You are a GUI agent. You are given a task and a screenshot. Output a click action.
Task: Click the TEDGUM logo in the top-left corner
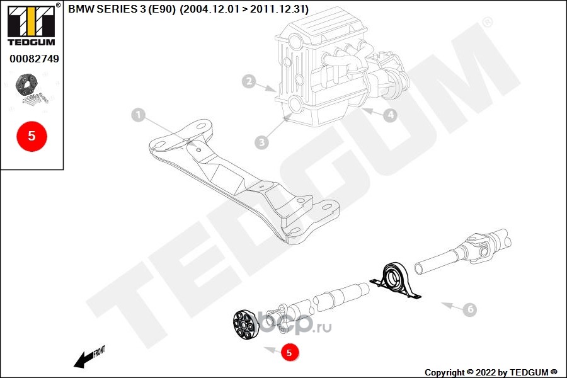30,25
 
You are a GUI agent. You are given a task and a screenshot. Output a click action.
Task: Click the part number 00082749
34,59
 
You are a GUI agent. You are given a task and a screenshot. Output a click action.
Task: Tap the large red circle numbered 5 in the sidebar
31,135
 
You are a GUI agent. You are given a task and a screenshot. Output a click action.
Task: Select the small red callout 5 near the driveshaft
289,353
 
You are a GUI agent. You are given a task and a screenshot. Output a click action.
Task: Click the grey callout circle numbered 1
139,115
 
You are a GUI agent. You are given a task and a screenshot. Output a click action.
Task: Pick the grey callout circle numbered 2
249,81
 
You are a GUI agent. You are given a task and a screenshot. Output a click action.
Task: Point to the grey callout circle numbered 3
262,142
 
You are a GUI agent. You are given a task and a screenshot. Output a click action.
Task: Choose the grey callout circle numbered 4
391,115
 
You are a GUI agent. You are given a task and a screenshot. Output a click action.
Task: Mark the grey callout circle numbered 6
469,310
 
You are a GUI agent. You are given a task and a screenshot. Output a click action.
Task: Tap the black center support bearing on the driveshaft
396,279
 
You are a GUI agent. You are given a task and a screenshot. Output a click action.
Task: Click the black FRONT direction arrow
81,360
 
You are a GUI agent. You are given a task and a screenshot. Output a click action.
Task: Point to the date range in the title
244,9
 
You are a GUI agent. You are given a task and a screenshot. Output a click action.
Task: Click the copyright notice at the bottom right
491,372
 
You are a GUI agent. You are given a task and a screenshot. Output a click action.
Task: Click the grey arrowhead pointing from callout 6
445,305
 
